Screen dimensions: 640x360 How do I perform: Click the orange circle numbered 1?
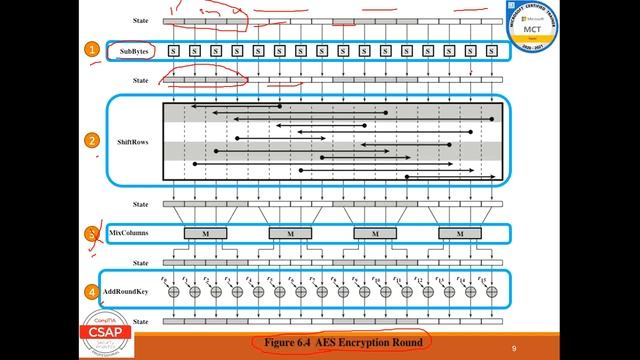click(91, 49)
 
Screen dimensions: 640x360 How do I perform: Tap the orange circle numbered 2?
click(91, 141)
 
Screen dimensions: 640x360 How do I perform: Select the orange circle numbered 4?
click(91, 292)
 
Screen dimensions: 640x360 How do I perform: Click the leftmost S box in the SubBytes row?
click(174, 50)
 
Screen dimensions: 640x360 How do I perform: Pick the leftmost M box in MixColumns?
click(206, 233)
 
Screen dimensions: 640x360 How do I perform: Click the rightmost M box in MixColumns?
click(460, 233)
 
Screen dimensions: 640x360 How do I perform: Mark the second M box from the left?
click(290, 233)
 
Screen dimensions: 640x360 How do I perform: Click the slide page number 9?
click(513, 347)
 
